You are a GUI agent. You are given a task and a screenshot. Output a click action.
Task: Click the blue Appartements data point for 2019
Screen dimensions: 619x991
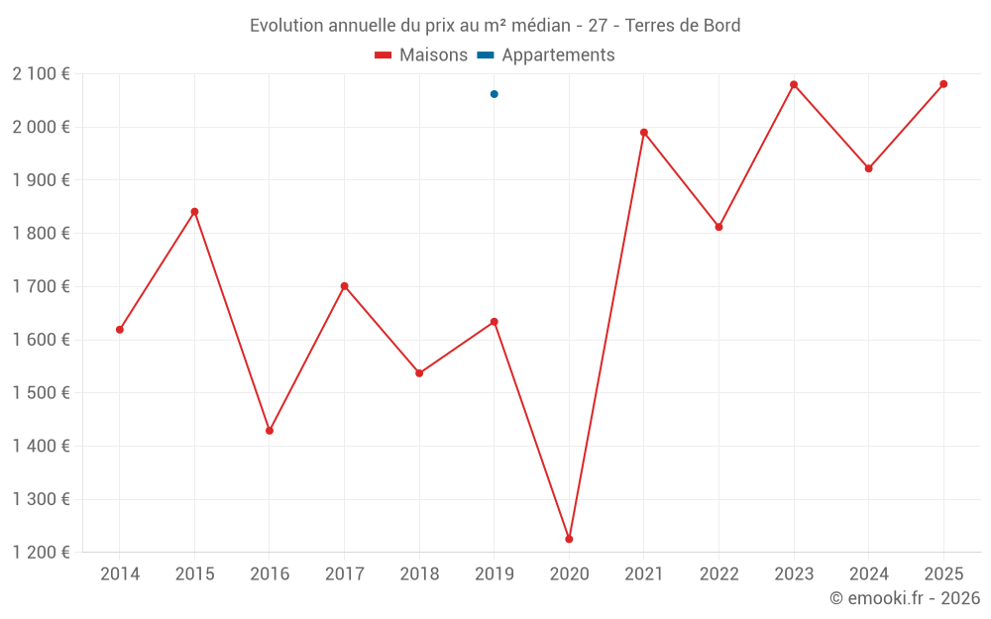(x=495, y=94)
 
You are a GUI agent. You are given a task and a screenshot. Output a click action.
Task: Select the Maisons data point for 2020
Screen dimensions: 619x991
(x=569, y=539)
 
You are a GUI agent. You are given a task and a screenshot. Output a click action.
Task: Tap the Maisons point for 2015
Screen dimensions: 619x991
(x=194, y=211)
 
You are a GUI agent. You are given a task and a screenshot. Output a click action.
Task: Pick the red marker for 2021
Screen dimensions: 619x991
(x=644, y=132)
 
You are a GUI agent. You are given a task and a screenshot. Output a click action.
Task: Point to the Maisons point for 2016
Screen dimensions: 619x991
(x=270, y=431)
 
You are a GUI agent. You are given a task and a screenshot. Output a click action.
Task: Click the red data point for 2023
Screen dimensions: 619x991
(x=794, y=84)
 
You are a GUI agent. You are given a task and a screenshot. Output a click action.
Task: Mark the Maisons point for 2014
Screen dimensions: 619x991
(x=120, y=330)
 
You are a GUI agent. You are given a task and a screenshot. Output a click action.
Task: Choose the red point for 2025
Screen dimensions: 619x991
(x=943, y=84)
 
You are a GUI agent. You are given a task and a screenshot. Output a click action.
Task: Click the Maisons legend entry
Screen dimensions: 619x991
(x=421, y=55)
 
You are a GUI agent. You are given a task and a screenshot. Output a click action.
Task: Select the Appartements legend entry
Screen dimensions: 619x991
(x=546, y=55)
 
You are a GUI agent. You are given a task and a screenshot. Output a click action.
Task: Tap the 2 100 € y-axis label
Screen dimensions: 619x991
(x=41, y=73)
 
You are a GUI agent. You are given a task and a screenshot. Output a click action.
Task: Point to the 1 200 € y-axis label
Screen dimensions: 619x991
(x=41, y=552)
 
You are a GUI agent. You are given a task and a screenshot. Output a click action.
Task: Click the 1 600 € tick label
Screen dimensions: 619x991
(x=41, y=339)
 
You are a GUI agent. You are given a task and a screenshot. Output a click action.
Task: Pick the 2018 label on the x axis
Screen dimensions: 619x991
(x=419, y=573)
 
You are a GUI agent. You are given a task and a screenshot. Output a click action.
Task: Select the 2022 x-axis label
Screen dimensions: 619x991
(x=718, y=573)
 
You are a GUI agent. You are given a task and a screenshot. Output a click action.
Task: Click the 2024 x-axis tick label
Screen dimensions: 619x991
(x=868, y=573)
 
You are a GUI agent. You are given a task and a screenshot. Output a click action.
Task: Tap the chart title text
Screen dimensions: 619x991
(x=495, y=26)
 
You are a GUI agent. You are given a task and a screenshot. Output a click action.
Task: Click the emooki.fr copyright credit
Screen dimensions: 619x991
(x=905, y=598)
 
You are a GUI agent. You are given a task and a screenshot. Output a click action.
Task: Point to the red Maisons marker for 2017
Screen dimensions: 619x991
(x=344, y=286)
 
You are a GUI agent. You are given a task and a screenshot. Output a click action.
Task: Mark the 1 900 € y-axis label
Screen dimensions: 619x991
(x=41, y=179)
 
